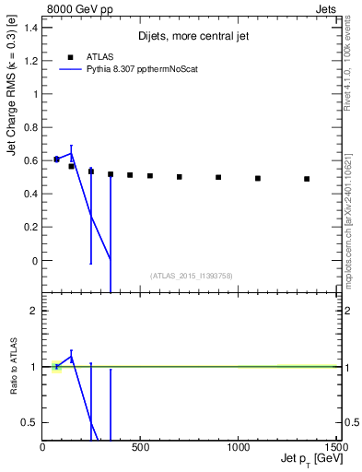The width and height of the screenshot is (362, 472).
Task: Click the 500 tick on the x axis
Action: coord(140,448)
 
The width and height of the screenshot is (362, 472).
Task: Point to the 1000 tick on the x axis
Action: coord(238,448)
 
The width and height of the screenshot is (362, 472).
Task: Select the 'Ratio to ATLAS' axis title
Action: coord(13,367)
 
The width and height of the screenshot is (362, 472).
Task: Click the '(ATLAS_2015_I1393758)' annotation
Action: coord(192,276)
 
